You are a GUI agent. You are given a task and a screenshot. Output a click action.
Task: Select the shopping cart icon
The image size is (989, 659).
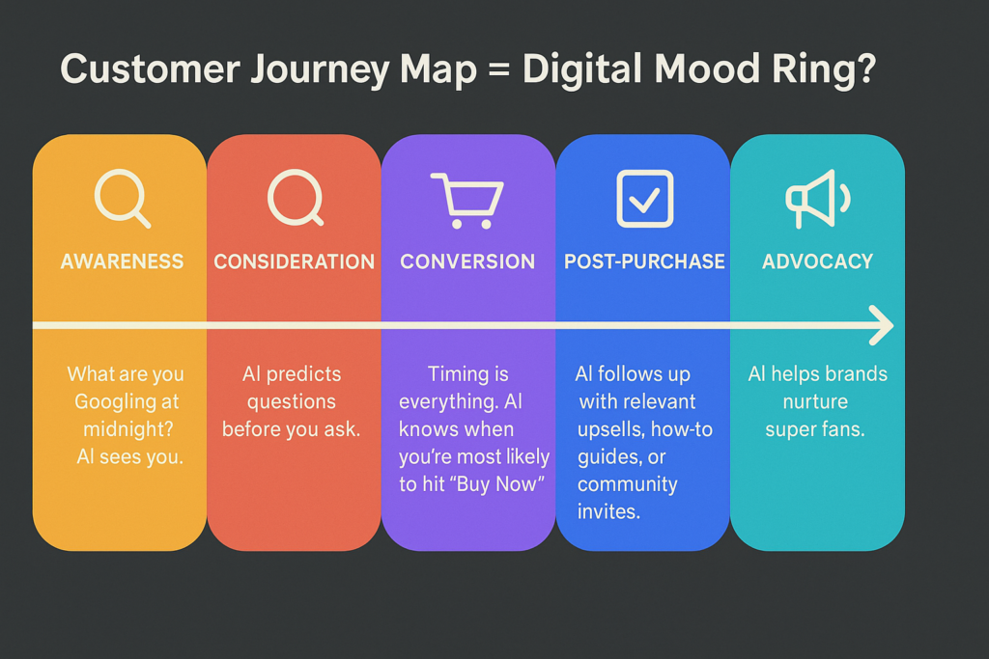tap(467, 201)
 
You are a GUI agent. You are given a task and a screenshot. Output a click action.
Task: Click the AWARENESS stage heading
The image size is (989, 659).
tap(122, 261)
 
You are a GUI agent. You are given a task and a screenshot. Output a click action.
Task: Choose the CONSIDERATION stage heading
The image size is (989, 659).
tap(294, 261)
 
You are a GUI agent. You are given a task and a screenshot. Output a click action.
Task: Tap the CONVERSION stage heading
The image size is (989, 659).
tap(467, 261)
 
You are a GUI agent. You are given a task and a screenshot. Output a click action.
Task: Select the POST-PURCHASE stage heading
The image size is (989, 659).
tap(644, 261)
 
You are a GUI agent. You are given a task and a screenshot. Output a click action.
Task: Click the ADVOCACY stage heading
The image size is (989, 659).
tap(817, 261)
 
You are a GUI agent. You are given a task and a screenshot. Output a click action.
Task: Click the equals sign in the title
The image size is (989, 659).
tap(499, 69)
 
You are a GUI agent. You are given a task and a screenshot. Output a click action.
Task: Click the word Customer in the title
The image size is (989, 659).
tap(150, 69)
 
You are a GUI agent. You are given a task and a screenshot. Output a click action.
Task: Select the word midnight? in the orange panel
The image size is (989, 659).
tap(128, 429)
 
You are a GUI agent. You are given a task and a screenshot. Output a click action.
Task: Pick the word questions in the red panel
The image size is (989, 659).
tap(292, 402)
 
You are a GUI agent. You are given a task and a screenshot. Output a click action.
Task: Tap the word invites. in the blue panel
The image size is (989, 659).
tap(608, 511)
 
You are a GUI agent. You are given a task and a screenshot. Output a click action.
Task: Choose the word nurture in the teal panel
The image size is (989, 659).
tap(815, 402)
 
